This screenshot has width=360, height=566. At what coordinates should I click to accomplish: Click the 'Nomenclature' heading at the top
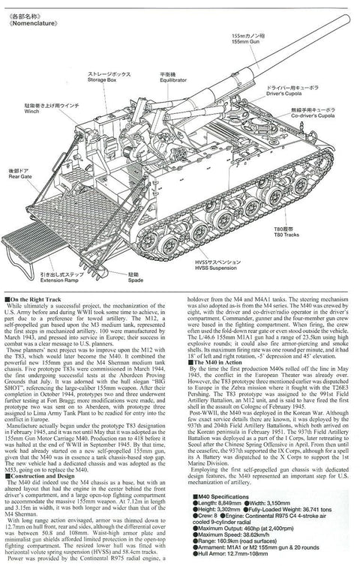pos(29,22)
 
